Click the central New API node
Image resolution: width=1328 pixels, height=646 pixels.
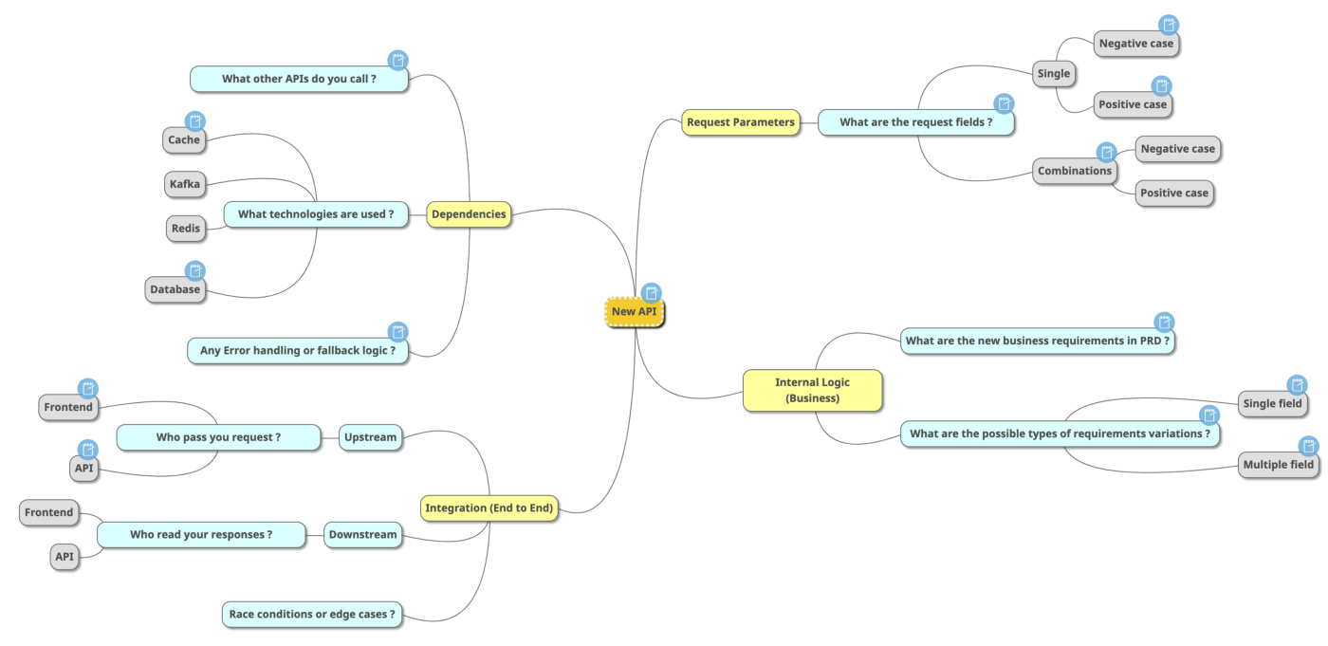point(635,311)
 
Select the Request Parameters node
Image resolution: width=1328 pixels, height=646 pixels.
point(740,122)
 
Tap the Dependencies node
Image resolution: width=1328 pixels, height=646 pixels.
point(469,214)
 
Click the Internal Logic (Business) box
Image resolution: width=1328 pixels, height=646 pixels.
point(812,390)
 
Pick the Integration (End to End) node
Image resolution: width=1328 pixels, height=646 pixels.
point(489,508)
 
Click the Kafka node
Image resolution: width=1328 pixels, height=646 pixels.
point(185,184)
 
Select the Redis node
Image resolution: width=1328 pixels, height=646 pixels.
point(185,229)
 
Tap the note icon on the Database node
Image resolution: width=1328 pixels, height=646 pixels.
point(194,271)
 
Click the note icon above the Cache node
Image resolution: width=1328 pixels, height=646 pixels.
point(194,121)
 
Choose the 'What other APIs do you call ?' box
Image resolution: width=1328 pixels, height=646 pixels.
point(299,79)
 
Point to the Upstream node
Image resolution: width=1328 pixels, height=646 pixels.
point(370,437)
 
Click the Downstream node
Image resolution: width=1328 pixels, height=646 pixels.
point(362,535)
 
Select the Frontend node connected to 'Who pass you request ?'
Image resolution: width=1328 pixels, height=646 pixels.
point(68,408)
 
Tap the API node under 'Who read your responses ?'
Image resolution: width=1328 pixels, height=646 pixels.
point(65,557)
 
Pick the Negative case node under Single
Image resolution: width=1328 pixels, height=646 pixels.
point(1135,44)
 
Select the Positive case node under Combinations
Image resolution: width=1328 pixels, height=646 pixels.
point(1173,194)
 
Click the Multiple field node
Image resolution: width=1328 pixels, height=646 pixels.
point(1278,465)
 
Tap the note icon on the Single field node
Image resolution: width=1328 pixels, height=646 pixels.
point(1297,385)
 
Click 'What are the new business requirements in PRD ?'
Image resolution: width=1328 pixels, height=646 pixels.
point(1037,341)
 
